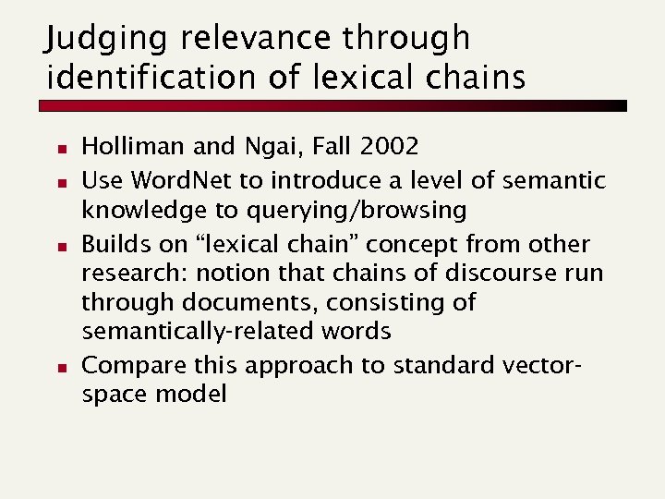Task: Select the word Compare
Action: point(120,366)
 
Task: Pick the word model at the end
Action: point(190,395)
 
